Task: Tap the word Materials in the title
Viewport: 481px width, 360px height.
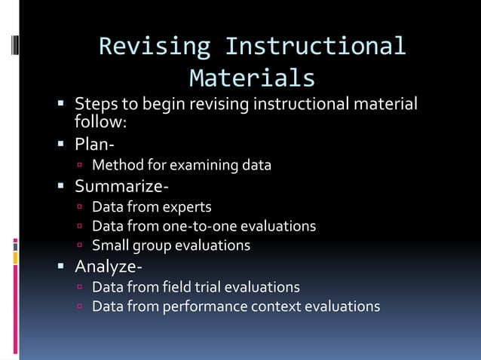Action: pyautogui.click(x=252, y=78)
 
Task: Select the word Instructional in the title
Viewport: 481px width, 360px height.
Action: pyautogui.click(x=316, y=47)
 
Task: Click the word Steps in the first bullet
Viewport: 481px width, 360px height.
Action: pyautogui.click(x=95, y=103)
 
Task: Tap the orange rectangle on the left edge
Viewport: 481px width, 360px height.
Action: pyautogui.click(x=15, y=258)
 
